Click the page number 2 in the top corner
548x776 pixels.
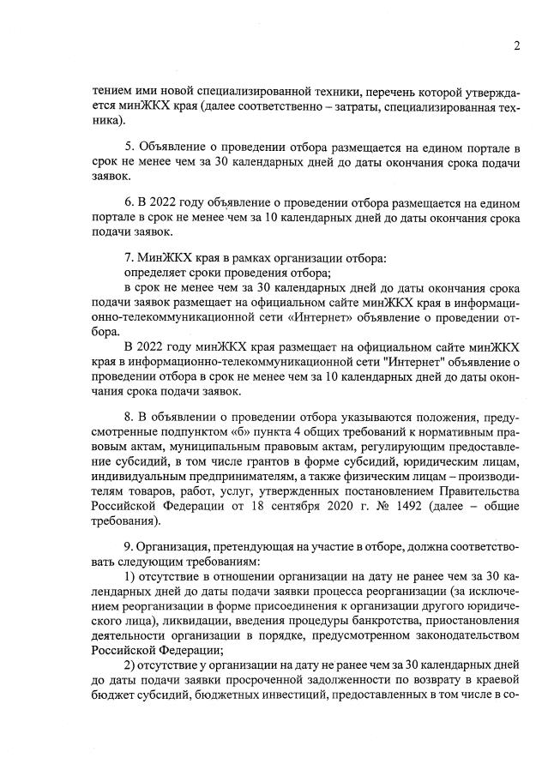pyautogui.click(x=517, y=46)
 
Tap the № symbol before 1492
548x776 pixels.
pyautogui.click(x=370, y=504)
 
